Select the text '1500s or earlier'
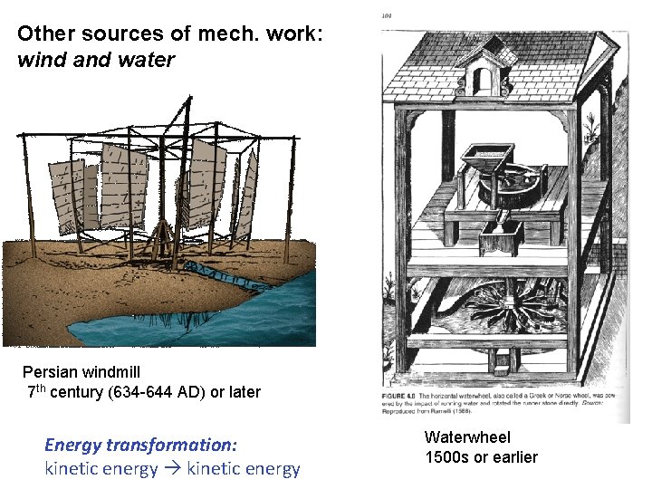(x=481, y=457)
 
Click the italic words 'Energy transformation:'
(x=140, y=445)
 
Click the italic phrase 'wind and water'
(x=95, y=61)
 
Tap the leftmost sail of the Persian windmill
(x=65, y=195)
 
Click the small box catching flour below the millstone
(x=499, y=240)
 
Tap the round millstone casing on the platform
(x=516, y=186)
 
